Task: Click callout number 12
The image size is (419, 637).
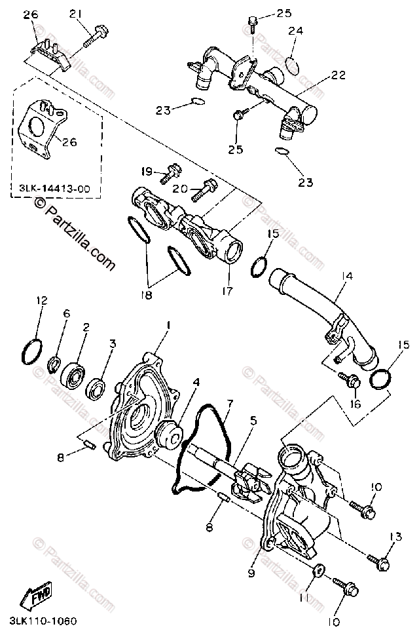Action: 42,301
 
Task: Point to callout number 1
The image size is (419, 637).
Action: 168,324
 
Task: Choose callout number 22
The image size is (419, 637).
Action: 338,75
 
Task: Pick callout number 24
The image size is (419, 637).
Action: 297,30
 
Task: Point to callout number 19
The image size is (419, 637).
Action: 147,172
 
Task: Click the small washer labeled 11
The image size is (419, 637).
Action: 318,569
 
